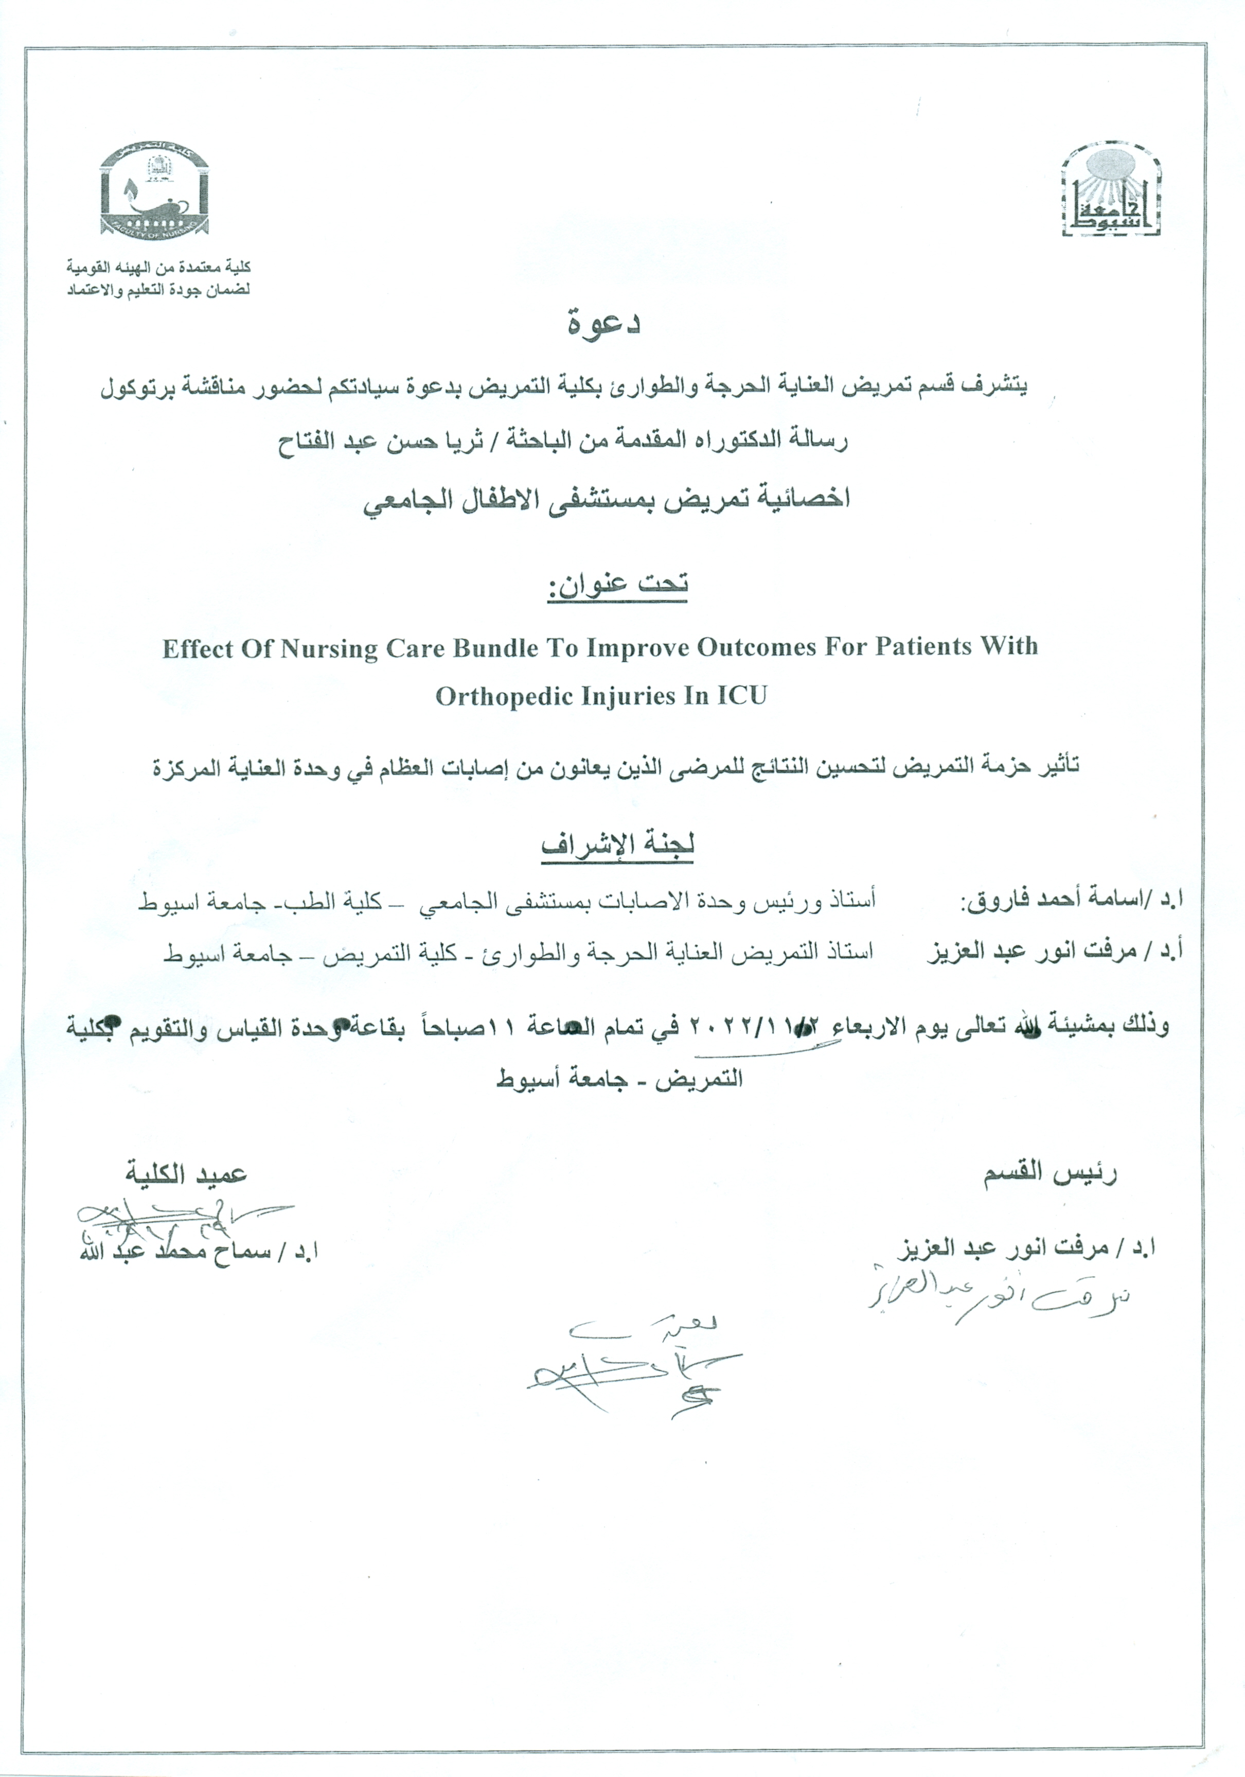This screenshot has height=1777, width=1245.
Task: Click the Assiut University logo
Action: click(1112, 189)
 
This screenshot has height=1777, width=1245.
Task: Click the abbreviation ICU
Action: click(741, 695)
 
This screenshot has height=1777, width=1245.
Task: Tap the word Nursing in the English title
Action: click(329, 648)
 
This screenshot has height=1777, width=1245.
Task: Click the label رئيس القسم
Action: click(1050, 1175)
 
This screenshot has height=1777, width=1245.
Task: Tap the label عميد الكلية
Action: click(186, 1175)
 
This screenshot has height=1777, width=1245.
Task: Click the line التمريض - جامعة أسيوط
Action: click(619, 1078)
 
